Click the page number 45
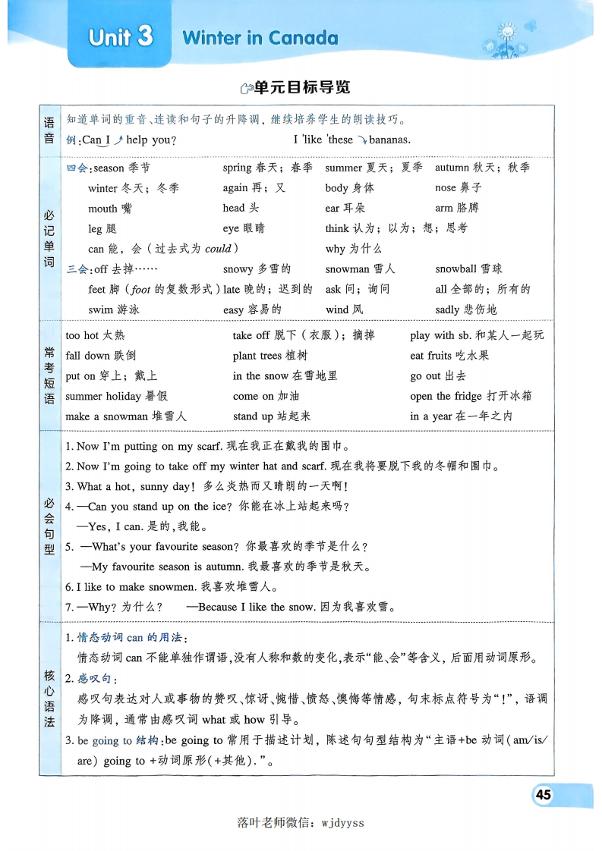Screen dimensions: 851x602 pyautogui.click(x=543, y=795)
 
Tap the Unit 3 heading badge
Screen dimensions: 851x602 pyautogui.click(x=121, y=38)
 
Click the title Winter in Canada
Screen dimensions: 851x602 pyautogui.click(x=260, y=38)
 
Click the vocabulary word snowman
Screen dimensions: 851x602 pyautogui.click(x=347, y=269)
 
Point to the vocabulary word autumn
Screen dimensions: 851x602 pyautogui.click(x=452, y=168)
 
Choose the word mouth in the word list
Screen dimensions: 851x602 pyautogui.click(x=102, y=209)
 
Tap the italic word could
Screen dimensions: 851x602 pyautogui.click(x=218, y=249)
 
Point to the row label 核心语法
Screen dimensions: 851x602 pyautogui.click(x=49, y=699)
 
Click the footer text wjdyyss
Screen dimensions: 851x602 pyautogui.click(x=343, y=822)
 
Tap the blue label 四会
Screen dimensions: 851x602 pyautogui.click(x=77, y=168)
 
